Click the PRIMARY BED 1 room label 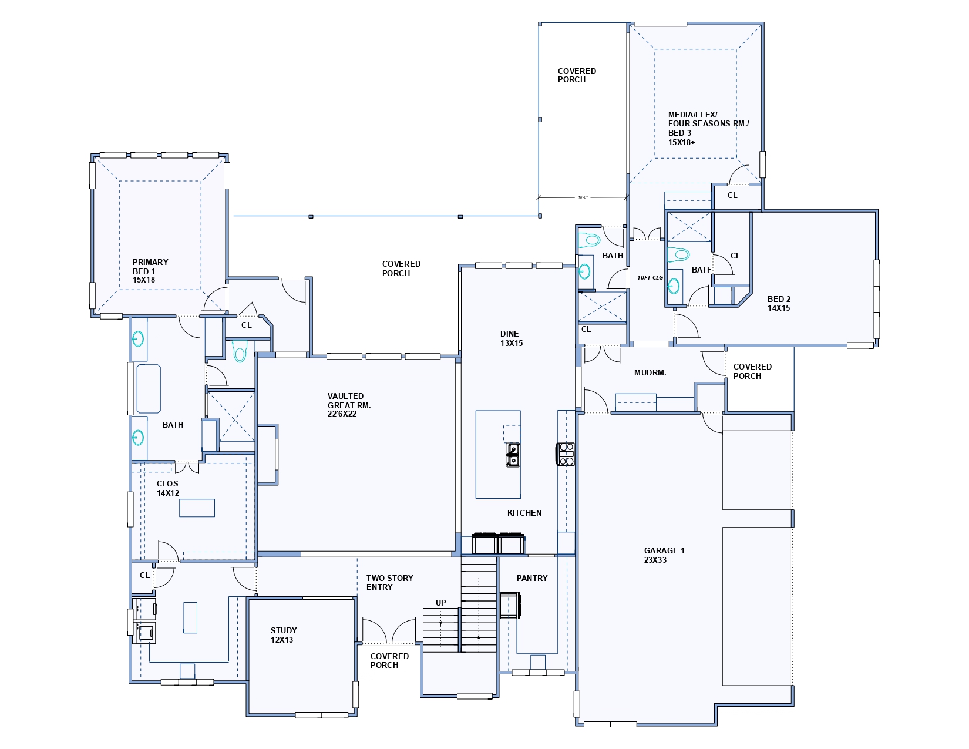[150, 271]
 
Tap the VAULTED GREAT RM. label [349, 405]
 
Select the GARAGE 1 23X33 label [664, 555]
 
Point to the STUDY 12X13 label [284, 635]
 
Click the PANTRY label [532, 578]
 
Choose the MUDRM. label [650, 372]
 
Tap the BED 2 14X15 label [779, 303]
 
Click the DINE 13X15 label [512, 338]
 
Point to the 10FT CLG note [650, 277]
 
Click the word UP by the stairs [440, 603]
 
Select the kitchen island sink [513, 455]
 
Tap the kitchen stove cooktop [565, 454]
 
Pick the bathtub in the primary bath [149, 388]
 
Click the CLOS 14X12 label [168, 488]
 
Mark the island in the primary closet [197, 508]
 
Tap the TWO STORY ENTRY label [390, 582]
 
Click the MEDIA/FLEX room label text [692, 115]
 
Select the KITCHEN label [524, 513]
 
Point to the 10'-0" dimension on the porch [583, 197]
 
